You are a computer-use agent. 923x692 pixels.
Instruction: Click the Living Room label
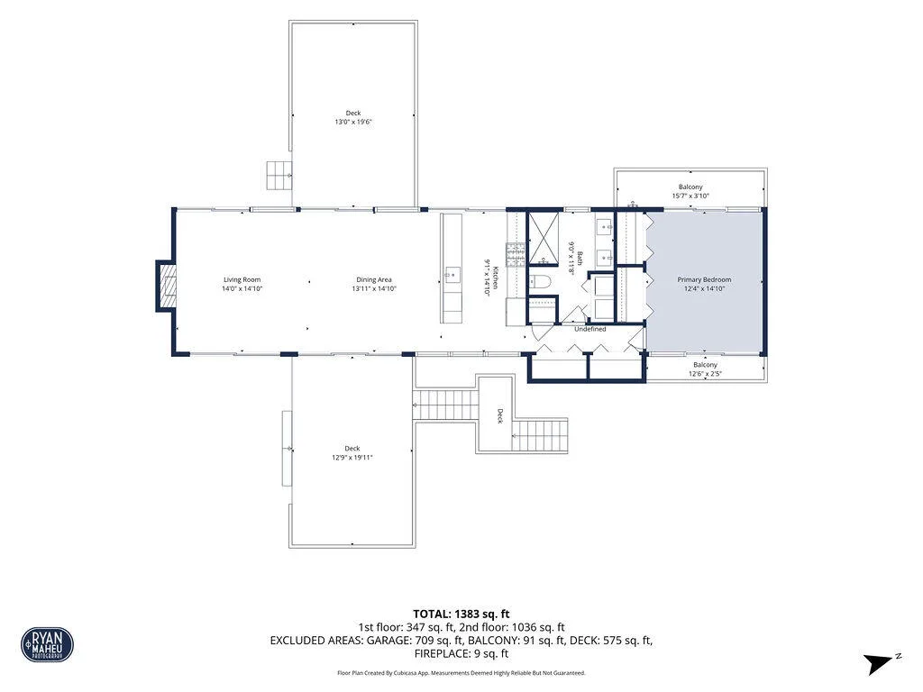coord(242,280)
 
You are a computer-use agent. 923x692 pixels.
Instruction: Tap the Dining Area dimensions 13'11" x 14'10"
coord(374,289)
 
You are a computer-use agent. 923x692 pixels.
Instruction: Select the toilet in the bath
coord(539,282)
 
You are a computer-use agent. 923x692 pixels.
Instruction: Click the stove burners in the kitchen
coord(515,255)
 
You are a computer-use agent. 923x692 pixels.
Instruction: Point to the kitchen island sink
coord(452,275)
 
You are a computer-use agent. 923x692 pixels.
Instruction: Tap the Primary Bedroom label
coord(704,280)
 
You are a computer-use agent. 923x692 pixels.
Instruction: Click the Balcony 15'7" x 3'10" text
coord(690,191)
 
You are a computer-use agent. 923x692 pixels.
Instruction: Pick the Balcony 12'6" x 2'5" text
coord(705,369)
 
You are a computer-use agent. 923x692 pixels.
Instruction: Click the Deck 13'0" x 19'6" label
coord(353,118)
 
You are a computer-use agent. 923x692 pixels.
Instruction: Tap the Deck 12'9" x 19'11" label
coord(352,453)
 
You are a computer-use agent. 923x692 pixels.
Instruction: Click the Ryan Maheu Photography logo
coord(47,644)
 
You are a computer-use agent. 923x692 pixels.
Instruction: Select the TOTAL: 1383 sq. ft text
coord(461,615)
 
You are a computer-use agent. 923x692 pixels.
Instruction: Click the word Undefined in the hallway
coord(589,330)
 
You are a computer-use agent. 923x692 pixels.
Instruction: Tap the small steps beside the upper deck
coord(279,176)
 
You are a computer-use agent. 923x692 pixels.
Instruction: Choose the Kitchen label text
coord(496,278)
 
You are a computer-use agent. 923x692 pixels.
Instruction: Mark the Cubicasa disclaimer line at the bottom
coord(461,672)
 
